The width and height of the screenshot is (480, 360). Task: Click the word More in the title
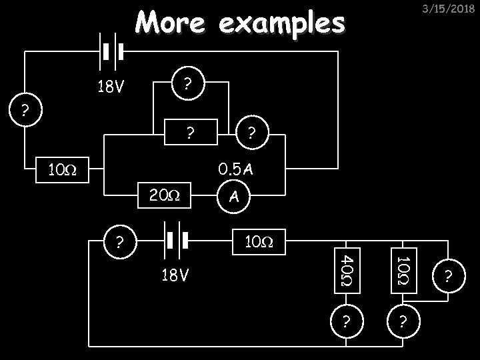click(169, 23)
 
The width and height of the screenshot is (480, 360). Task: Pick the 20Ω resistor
click(163, 195)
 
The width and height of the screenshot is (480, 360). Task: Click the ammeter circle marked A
click(233, 196)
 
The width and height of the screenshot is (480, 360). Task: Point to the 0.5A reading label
click(237, 169)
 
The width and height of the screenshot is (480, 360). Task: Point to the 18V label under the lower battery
click(174, 275)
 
